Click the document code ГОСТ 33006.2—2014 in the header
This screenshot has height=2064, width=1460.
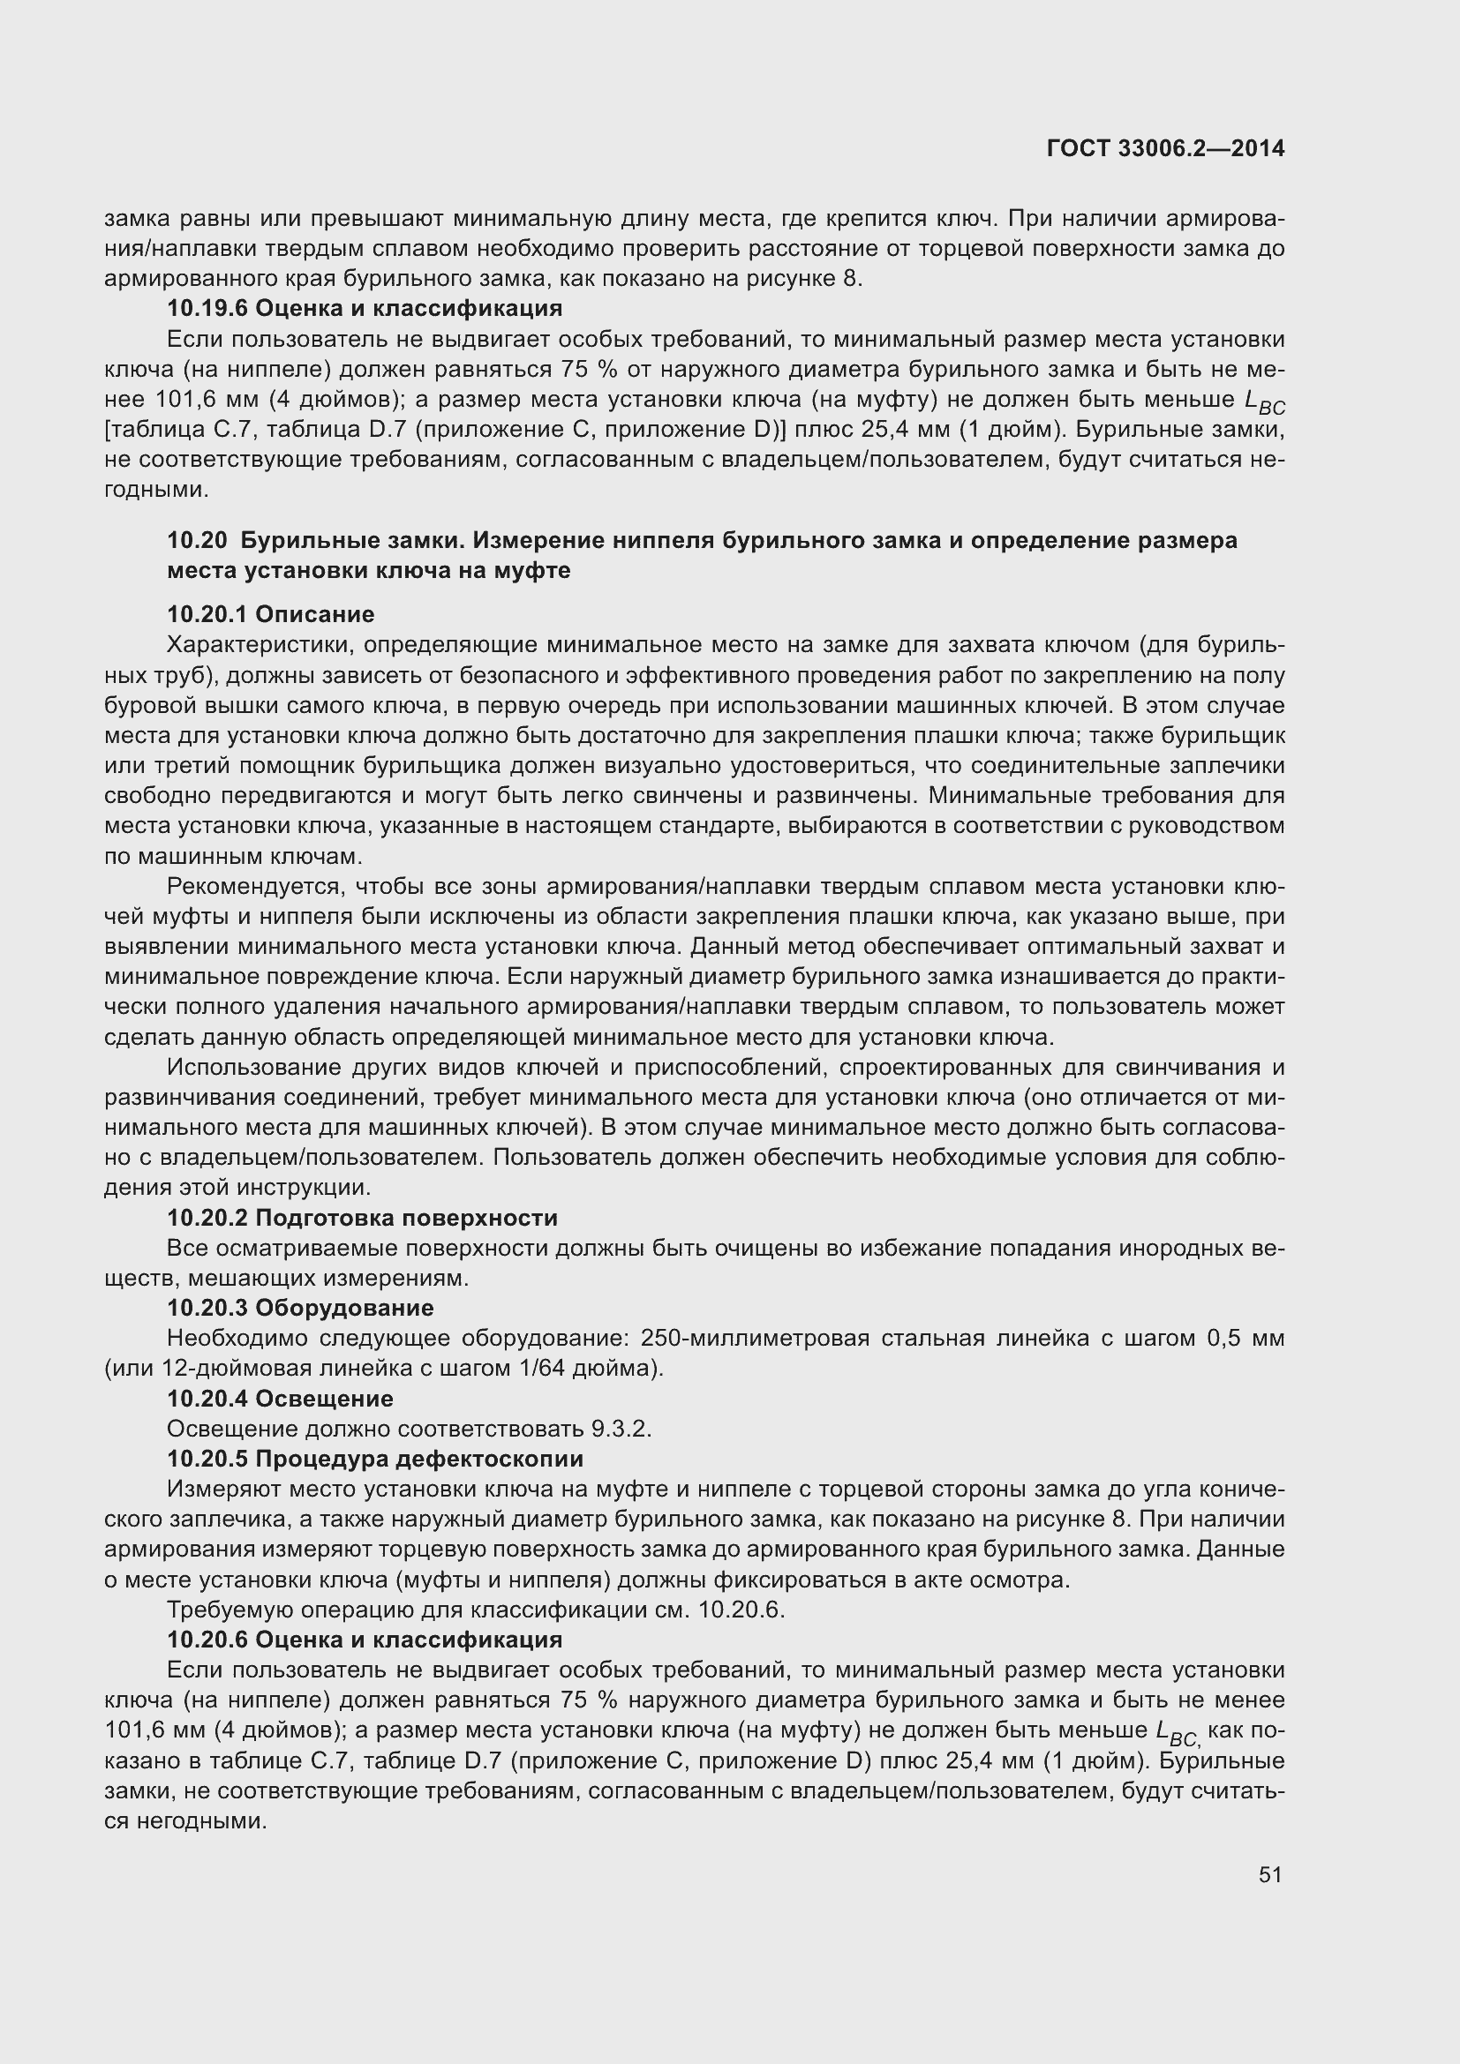[x=1165, y=148]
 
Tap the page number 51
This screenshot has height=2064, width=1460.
[x=1269, y=1874]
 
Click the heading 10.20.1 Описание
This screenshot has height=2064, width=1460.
[x=271, y=614]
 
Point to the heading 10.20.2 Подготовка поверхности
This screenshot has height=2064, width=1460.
[x=362, y=1218]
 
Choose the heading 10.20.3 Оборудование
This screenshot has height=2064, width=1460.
[x=300, y=1308]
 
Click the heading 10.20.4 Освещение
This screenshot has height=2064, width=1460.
[x=280, y=1399]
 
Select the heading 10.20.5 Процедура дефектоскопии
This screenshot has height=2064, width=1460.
[x=375, y=1458]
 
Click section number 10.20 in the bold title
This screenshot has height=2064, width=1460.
[x=197, y=540]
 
